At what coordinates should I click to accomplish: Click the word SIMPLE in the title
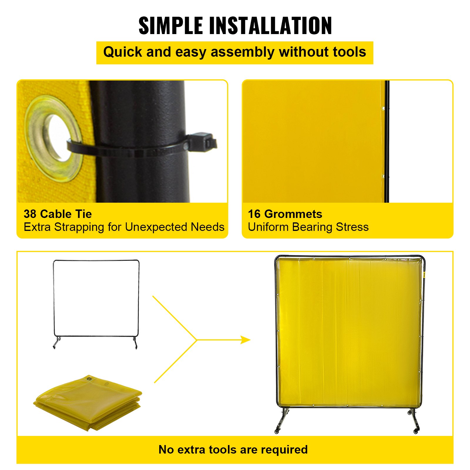point(170,26)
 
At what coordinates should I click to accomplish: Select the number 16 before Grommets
point(254,214)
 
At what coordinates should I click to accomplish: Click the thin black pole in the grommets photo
point(387,141)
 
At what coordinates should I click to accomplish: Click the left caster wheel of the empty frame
point(55,347)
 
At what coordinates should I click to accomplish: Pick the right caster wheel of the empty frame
point(136,347)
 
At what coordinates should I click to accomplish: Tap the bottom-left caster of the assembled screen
point(276,431)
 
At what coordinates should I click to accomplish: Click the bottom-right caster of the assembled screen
point(416,431)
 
